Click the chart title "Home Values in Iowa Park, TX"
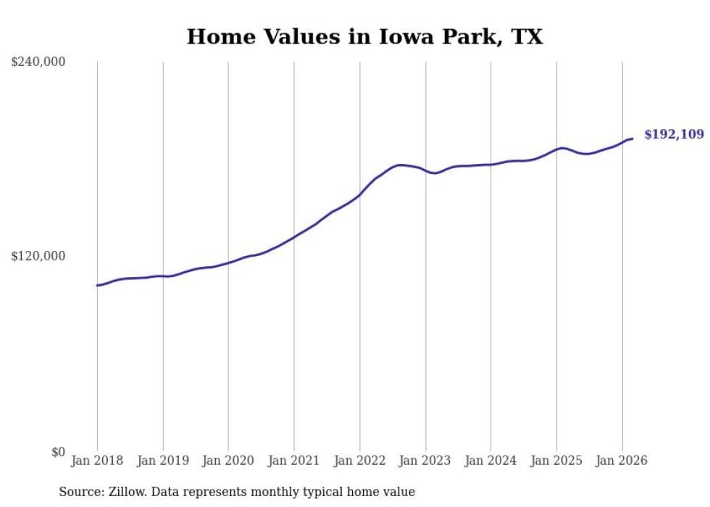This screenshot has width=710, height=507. (x=364, y=36)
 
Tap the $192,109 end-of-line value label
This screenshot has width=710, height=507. (x=674, y=134)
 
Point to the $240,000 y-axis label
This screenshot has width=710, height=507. (x=38, y=62)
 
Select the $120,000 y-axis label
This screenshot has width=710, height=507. (x=38, y=256)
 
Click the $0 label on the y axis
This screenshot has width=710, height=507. (x=58, y=452)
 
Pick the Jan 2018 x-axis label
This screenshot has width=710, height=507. (x=97, y=461)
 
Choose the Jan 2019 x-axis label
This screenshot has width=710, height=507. (x=163, y=461)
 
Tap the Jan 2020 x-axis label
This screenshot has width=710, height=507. (x=228, y=461)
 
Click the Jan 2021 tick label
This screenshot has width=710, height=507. (x=294, y=461)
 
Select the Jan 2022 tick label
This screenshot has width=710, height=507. (x=359, y=461)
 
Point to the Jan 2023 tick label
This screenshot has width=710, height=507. (x=425, y=461)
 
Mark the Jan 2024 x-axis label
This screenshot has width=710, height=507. (x=490, y=461)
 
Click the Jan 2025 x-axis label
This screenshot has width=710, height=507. (x=556, y=461)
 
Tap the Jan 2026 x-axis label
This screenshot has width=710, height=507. (x=622, y=461)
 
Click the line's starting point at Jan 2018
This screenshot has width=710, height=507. (x=97, y=285)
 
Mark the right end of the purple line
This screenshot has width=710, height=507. (x=632, y=139)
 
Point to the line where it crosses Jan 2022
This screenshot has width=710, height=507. (x=359, y=194)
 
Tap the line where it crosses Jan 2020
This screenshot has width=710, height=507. (x=228, y=263)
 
